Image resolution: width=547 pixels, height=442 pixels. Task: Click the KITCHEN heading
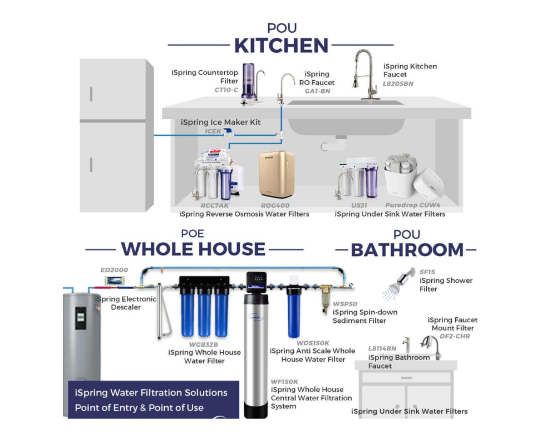click(x=281, y=46)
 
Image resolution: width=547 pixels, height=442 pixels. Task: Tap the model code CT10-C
click(x=226, y=90)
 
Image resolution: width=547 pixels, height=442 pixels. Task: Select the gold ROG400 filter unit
click(x=277, y=174)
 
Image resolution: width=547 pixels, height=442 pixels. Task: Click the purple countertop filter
click(x=248, y=83)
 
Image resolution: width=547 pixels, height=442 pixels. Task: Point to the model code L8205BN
click(x=398, y=84)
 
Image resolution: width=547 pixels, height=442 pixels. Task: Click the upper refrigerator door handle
click(x=91, y=94)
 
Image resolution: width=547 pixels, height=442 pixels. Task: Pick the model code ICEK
click(x=213, y=131)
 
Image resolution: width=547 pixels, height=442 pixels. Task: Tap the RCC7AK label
click(x=215, y=205)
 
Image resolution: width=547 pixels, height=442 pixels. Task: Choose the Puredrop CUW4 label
click(x=413, y=205)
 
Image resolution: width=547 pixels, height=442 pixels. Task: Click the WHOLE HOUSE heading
click(x=193, y=249)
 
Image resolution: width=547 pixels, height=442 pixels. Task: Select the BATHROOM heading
click(x=407, y=250)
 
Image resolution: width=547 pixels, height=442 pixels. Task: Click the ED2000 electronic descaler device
click(x=115, y=281)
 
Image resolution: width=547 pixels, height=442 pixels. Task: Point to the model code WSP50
click(x=344, y=304)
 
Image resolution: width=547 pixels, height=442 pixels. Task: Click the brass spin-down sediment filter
click(x=326, y=297)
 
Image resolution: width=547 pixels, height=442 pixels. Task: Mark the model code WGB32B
click(x=203, y=345)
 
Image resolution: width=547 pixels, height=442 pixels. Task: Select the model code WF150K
click(x=284, y=382)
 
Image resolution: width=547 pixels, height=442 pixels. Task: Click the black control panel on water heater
click(x=81, y=318)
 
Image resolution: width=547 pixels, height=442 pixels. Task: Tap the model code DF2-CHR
click(x=455, y=336)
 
